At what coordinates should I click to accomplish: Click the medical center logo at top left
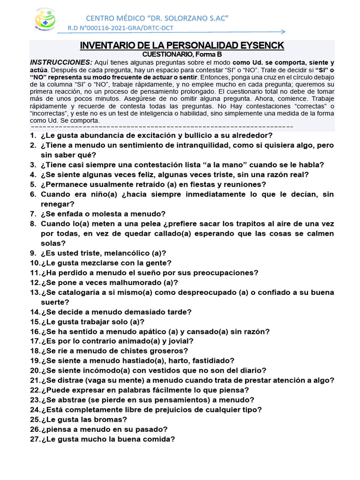tap(45, 20)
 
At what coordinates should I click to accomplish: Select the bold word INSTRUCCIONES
tap(61, 62)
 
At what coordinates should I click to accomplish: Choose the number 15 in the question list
tap(34, 322)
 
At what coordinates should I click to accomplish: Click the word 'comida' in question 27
tap(160, 439)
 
